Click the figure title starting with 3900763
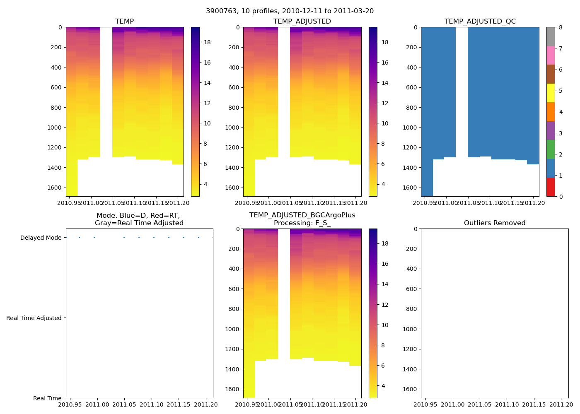pyautogui.click(x=290, y=11)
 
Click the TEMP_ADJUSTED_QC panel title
pyautogui.click(x=480, y=22)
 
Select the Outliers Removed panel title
pyautogui.click(x=494, y=223)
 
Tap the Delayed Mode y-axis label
pyautogui.click(x=41, y=238)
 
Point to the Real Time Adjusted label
pyautogui.click(x=34, y=318)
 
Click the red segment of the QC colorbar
pyautogui.click(x=551, y=187)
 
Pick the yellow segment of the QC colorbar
pyautogui.click(x=551, y=93)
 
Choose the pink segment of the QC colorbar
pyautogui.click(x=551, y=55)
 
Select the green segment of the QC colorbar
pyautogui.click(x=551, y=149)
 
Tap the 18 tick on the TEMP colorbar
pyautogui.click(x=207, y=42)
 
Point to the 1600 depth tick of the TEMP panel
pyautogui.click(x=54, y=188)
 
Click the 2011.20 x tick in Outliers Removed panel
pyautogui.click(x=561, y=404)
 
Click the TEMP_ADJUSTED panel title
pyautogui.click(x=302, y=22)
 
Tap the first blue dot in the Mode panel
pyautogui.click(x=79, y=237)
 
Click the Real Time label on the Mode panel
pyautogui.click(x=47, y=398)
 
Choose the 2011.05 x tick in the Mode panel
pyautogui.click(x=125, y=404)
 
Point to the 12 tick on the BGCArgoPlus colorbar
pyautogui.click(x=384, y=305)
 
